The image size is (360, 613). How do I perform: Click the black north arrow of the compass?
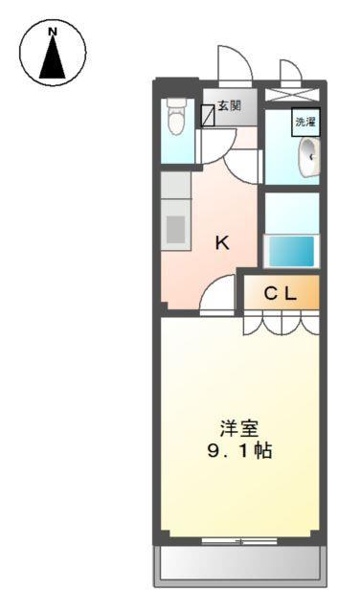(x=52, y=59)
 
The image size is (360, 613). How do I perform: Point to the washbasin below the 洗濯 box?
(x=308, y=157)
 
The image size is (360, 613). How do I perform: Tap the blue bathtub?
(x=289, y=251)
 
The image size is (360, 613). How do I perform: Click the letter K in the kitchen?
(x=221, y=243)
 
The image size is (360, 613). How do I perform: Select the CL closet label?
(x=281, y=294)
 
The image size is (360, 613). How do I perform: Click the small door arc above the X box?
(x=290, y=73)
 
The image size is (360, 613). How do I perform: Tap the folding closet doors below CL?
(x=281, y=324)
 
